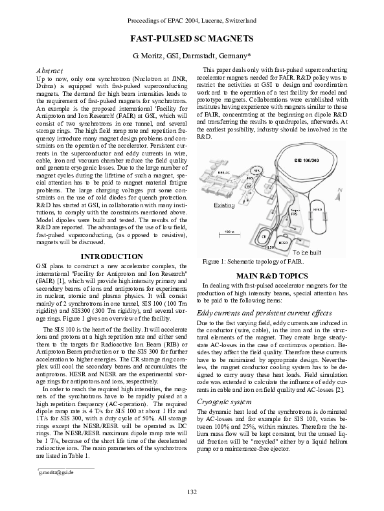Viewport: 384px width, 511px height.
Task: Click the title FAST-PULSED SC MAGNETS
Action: pyautogui.click(x=192, y=39)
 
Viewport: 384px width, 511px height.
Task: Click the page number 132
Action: pyautogui.click(x=192, y=492)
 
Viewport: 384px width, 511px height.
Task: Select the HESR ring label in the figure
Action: pyautogui.click(x=317, y=210)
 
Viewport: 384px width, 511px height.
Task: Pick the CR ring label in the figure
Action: pyautogui.click(x=264, y=237)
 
